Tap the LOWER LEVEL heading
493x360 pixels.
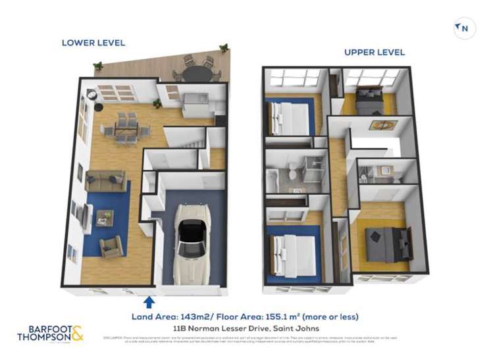[93, 43]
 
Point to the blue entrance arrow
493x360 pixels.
[149, 301]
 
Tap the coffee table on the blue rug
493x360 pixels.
[105, 217]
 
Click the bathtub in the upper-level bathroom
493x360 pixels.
[274, 176]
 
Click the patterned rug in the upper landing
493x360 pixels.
[378, 125]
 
